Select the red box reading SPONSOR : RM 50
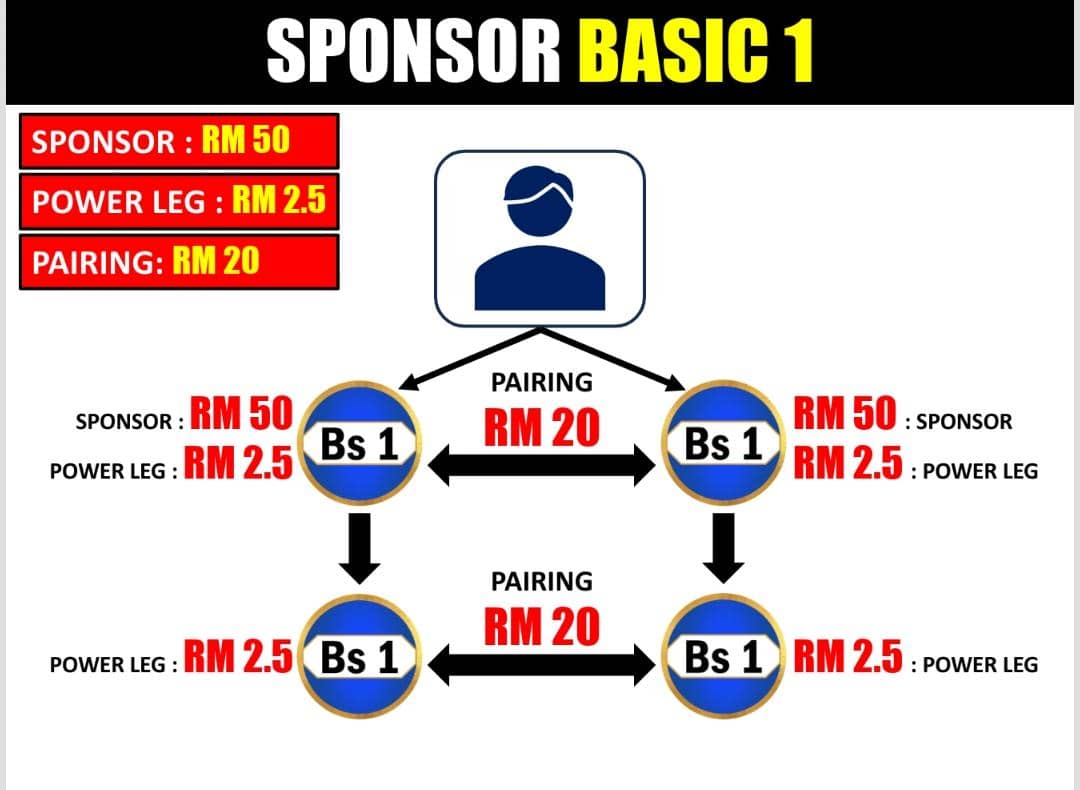tap(179, 141)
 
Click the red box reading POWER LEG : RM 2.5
tap(179, 201)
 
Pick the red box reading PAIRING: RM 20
tap(179, 262)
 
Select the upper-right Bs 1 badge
tap(723, 443)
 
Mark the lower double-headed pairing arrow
tap(541, 665)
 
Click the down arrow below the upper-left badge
tap(359, 546)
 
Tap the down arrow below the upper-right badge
tap(723, 546)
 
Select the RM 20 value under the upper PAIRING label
tap(541, 427)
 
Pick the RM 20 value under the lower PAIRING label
tap(541, 626)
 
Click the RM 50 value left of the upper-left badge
tap(240, 413)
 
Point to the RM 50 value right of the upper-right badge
tap(845, 413)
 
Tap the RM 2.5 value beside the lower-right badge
tap(848, 656)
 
